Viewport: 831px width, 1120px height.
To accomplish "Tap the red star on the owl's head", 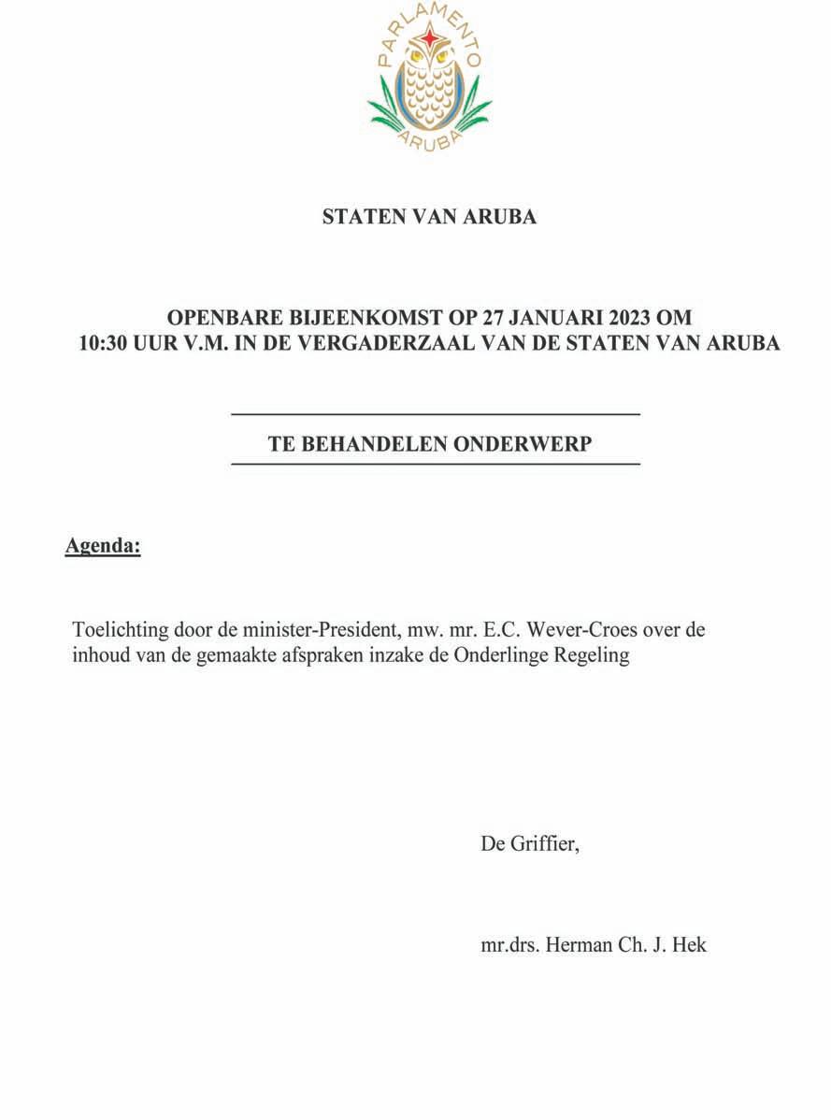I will pyautogui.click(x=430, y=38).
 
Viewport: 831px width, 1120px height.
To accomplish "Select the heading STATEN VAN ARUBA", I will pyautogui.click(x=429, y=217).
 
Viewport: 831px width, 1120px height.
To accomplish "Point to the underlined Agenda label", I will pyautogui.click(x=103, y=545).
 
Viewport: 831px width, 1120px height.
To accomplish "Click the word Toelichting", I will pyautogui.click(x=119, y=629).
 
